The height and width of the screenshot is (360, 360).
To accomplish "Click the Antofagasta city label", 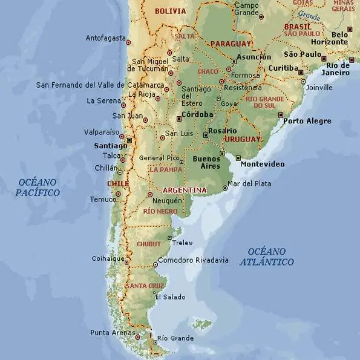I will (105, 38).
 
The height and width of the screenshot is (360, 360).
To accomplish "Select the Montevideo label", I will (262, 164).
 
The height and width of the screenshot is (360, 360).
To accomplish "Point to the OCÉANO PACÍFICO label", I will (38, 187).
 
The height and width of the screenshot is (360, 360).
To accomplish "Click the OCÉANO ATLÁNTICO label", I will (267, 257).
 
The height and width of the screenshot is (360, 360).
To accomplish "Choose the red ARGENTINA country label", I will (185, 190).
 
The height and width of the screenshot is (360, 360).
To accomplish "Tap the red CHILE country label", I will (118, 183).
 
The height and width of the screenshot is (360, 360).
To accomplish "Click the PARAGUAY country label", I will (231, 44).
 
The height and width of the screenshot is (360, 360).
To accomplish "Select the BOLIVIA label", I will (171, 11).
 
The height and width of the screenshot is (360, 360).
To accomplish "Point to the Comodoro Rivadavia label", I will (193, 260).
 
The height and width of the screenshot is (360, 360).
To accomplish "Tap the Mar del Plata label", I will (249, 183).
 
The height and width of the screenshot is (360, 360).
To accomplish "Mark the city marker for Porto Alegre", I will (280, 114).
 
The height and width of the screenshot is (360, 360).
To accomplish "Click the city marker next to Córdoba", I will (178, 119).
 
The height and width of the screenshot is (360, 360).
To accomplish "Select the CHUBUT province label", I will (149, 244).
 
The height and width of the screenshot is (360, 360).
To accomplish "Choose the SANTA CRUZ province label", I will (145, 286).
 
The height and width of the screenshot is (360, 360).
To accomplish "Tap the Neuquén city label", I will (168, 200).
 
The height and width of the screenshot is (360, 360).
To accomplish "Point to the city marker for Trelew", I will (170, 237).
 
